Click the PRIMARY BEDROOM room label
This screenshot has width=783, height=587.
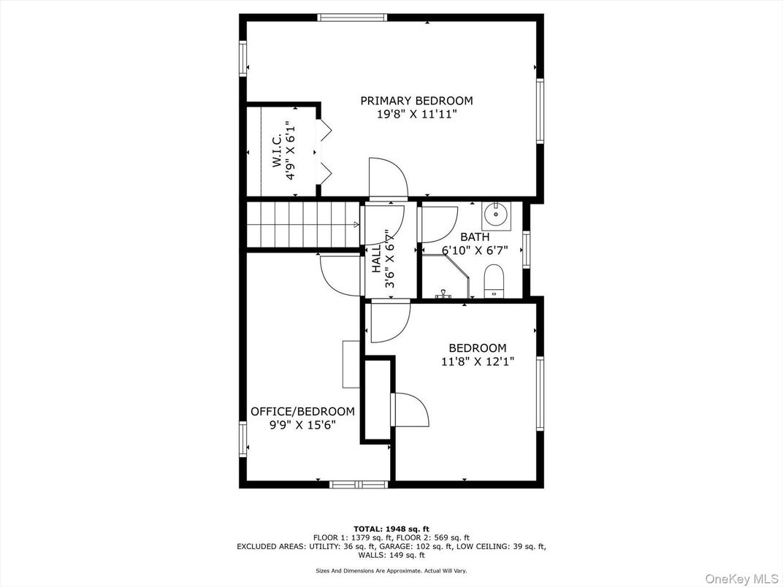click(x=416, y=101)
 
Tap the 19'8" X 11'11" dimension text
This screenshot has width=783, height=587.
click(x=417, y=115)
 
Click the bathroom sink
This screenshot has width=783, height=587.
click(x=495, y=214)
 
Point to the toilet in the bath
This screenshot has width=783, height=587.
click(x=495, y=281)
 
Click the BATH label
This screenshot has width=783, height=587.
click(x=475, y=237)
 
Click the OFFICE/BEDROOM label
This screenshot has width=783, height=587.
click(x=302, y=412)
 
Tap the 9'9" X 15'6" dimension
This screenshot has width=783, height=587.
click(x=302, y=425)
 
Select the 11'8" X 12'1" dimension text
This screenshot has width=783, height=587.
click(x=478, y=361)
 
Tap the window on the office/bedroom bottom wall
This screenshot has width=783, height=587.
click(x=359, y=484)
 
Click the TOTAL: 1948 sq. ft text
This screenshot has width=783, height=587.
click(x=391, y=529)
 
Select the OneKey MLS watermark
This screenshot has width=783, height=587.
click(x=743, y=578)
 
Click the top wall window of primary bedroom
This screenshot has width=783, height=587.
click(x=352, y=18)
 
